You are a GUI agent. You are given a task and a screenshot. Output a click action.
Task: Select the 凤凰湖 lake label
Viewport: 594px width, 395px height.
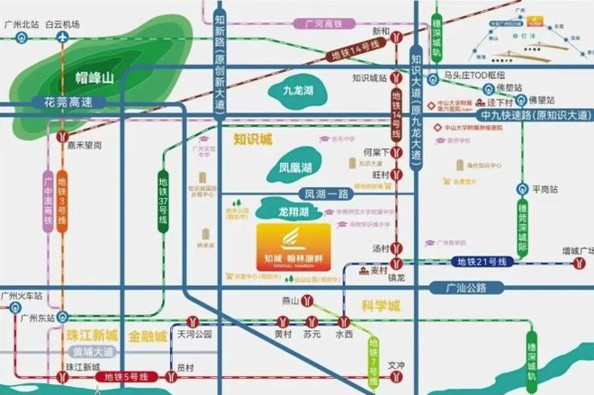point(294,167)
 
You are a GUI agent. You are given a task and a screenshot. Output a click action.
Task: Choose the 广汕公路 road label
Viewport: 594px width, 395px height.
point(465,288)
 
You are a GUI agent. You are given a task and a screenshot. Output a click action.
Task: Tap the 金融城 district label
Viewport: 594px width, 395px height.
point(148,336)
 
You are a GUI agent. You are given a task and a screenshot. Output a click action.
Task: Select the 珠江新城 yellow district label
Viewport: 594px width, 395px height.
point(92,336)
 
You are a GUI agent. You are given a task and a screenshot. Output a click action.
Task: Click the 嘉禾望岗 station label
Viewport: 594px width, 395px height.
point(84,144)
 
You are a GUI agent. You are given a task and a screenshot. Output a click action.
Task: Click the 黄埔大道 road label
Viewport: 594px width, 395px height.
point(93,352)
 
